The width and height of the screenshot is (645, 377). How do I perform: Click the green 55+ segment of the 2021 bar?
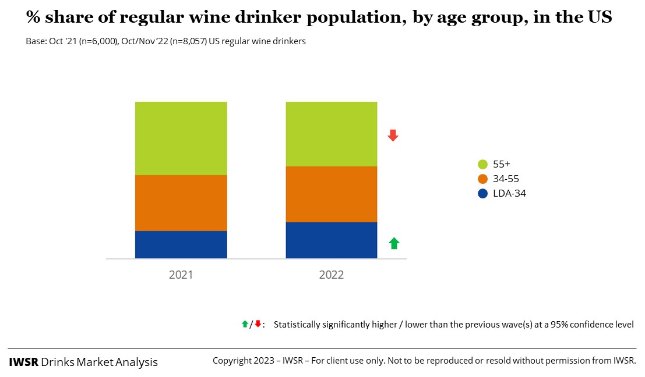click(x=181, y=138)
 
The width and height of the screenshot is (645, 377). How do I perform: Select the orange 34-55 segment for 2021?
click(x=181, y=202)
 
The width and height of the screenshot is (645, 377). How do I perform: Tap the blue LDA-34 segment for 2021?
click(x=181, y=244)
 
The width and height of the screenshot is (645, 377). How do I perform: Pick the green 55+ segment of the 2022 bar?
click(x=331, y=134)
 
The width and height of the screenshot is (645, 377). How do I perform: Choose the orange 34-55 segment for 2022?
click(x=331, y=194)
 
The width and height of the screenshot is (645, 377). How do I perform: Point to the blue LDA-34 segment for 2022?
click(x=331, y=240)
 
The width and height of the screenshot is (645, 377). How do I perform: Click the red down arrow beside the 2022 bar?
click(x=393, y=136)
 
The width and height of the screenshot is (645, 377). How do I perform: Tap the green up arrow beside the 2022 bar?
click(x=394, y=243)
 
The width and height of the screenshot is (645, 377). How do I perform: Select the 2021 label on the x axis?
click(x=181, y=275)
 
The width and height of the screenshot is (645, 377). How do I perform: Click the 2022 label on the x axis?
click(x=331, y=275)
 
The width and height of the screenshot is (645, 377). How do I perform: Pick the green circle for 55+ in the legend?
click(x=482, y=164)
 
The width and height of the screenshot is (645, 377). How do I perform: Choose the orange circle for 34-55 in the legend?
click(x=482, y=179)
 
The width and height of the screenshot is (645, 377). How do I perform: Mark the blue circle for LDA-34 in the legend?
click(x=482, y=193)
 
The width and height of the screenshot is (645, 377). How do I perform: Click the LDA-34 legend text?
click(x=509, y=193)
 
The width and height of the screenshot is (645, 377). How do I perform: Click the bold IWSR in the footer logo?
click(x=23, y=362)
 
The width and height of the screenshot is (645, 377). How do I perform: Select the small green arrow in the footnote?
click(x=245, y=323)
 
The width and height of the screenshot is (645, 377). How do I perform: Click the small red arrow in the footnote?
click(x=257, y=323)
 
